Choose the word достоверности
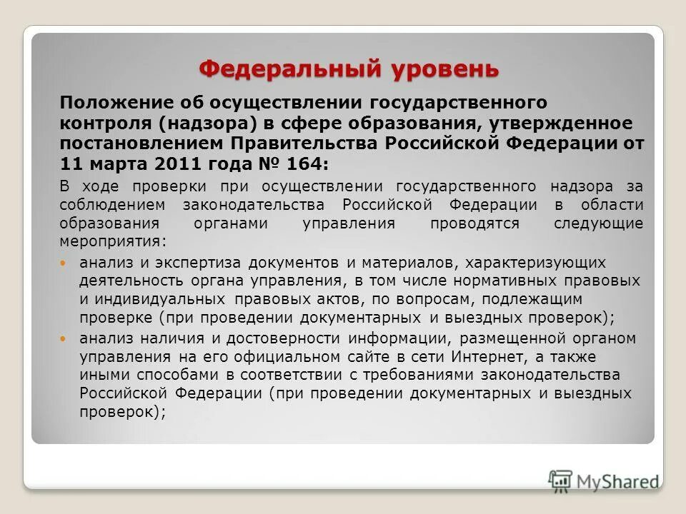293,337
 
